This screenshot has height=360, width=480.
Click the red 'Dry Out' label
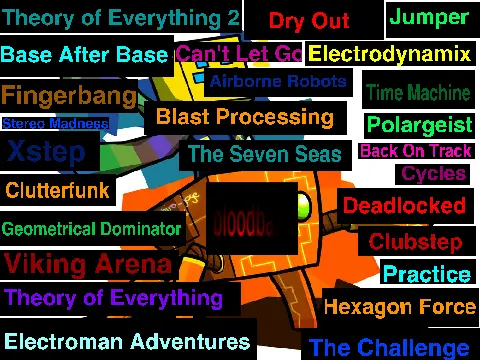tap(309, 21)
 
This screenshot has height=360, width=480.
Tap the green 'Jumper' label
tap(428, 17)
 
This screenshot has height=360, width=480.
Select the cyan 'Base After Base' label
tap(85, 55)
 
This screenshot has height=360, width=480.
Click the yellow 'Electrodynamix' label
tap(389, 53)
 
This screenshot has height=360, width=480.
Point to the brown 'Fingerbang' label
tap(69, 96)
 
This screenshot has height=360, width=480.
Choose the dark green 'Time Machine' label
tap(417, 93)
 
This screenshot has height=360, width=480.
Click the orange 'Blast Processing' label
tap(244, 116)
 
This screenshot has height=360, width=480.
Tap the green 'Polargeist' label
tap(418, 125)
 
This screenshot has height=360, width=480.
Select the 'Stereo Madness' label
tap(54, 124)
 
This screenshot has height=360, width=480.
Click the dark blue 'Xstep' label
tap(46, 152)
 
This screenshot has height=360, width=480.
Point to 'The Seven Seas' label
tap(264, 154)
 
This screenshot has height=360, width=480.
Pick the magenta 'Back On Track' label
tap(415, 151)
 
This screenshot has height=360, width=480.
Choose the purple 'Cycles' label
tap(432, 174)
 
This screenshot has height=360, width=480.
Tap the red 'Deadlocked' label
tap(403, 206)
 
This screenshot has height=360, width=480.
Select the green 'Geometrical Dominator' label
tap(92, 229)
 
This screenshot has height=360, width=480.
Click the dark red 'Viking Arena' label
tap(87, 264)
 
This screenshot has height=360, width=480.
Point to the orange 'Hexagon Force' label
tap(399, 306)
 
